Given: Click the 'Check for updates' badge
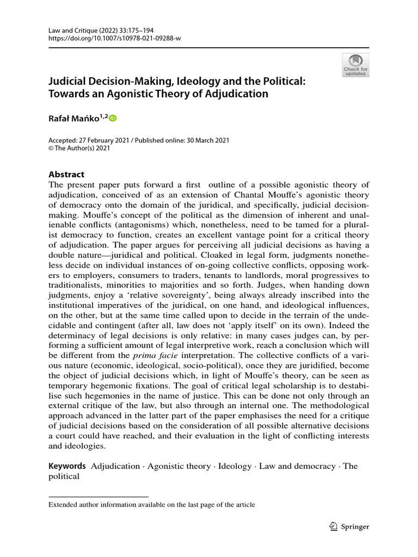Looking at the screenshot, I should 355,64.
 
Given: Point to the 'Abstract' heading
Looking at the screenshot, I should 66,175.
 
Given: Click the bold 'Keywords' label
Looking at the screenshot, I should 67,466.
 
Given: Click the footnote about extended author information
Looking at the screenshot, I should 152,505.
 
